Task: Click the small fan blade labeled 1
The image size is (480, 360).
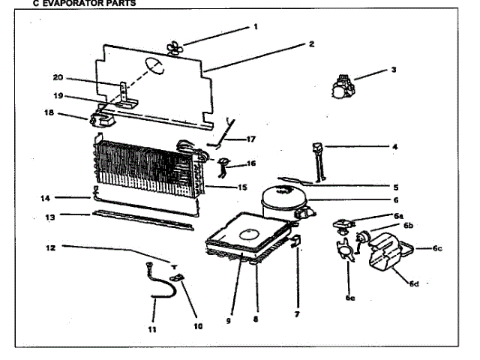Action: point(175,48)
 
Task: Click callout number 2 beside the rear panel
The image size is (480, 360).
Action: point(310,43)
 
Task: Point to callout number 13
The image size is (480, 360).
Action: point(51,217)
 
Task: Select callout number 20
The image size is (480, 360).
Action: point(58,76)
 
